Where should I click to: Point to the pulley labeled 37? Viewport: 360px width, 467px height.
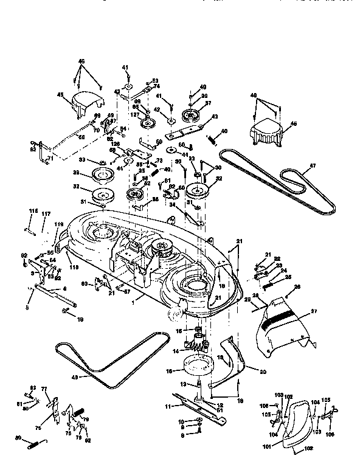coord(193,115)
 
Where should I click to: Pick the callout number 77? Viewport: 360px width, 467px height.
coord(44,387)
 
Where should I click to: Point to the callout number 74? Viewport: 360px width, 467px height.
coord(156,87)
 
